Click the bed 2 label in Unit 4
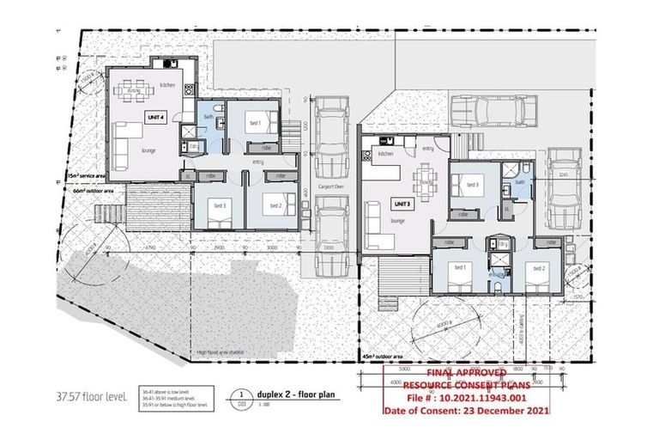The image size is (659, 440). (275, 206)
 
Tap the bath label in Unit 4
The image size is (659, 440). (209, 116)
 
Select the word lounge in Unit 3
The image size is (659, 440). (397, 221)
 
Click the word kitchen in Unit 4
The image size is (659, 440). (167, 86)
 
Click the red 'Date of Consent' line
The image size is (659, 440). (464, 411)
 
